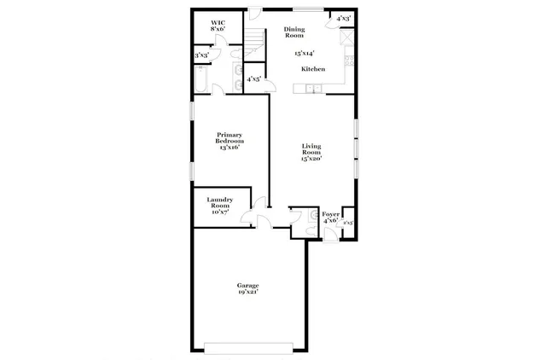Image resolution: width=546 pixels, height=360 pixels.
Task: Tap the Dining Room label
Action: point(293,32)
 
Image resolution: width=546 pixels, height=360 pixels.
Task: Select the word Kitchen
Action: point(312,68)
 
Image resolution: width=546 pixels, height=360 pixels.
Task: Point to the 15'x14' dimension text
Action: point(304,53)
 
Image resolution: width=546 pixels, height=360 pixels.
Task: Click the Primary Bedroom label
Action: point(230,137)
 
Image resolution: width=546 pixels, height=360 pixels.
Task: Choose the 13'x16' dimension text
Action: point(230,148)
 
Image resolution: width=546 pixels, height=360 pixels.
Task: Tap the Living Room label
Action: point(311,151)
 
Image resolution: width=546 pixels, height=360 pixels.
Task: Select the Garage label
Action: point(248,285)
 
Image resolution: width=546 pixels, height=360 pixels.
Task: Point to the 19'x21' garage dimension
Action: point(248,292)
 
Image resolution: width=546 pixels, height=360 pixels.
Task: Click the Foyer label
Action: point(329,214)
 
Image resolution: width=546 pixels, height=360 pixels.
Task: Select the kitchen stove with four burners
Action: point(349,61)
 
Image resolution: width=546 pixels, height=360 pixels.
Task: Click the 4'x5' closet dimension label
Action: point(253,79)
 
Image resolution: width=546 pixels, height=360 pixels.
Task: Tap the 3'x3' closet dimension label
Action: point(201,56)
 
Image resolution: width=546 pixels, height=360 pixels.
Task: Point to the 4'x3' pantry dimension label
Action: point(343,18)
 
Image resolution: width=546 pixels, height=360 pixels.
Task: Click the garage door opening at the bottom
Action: point(249,347)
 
